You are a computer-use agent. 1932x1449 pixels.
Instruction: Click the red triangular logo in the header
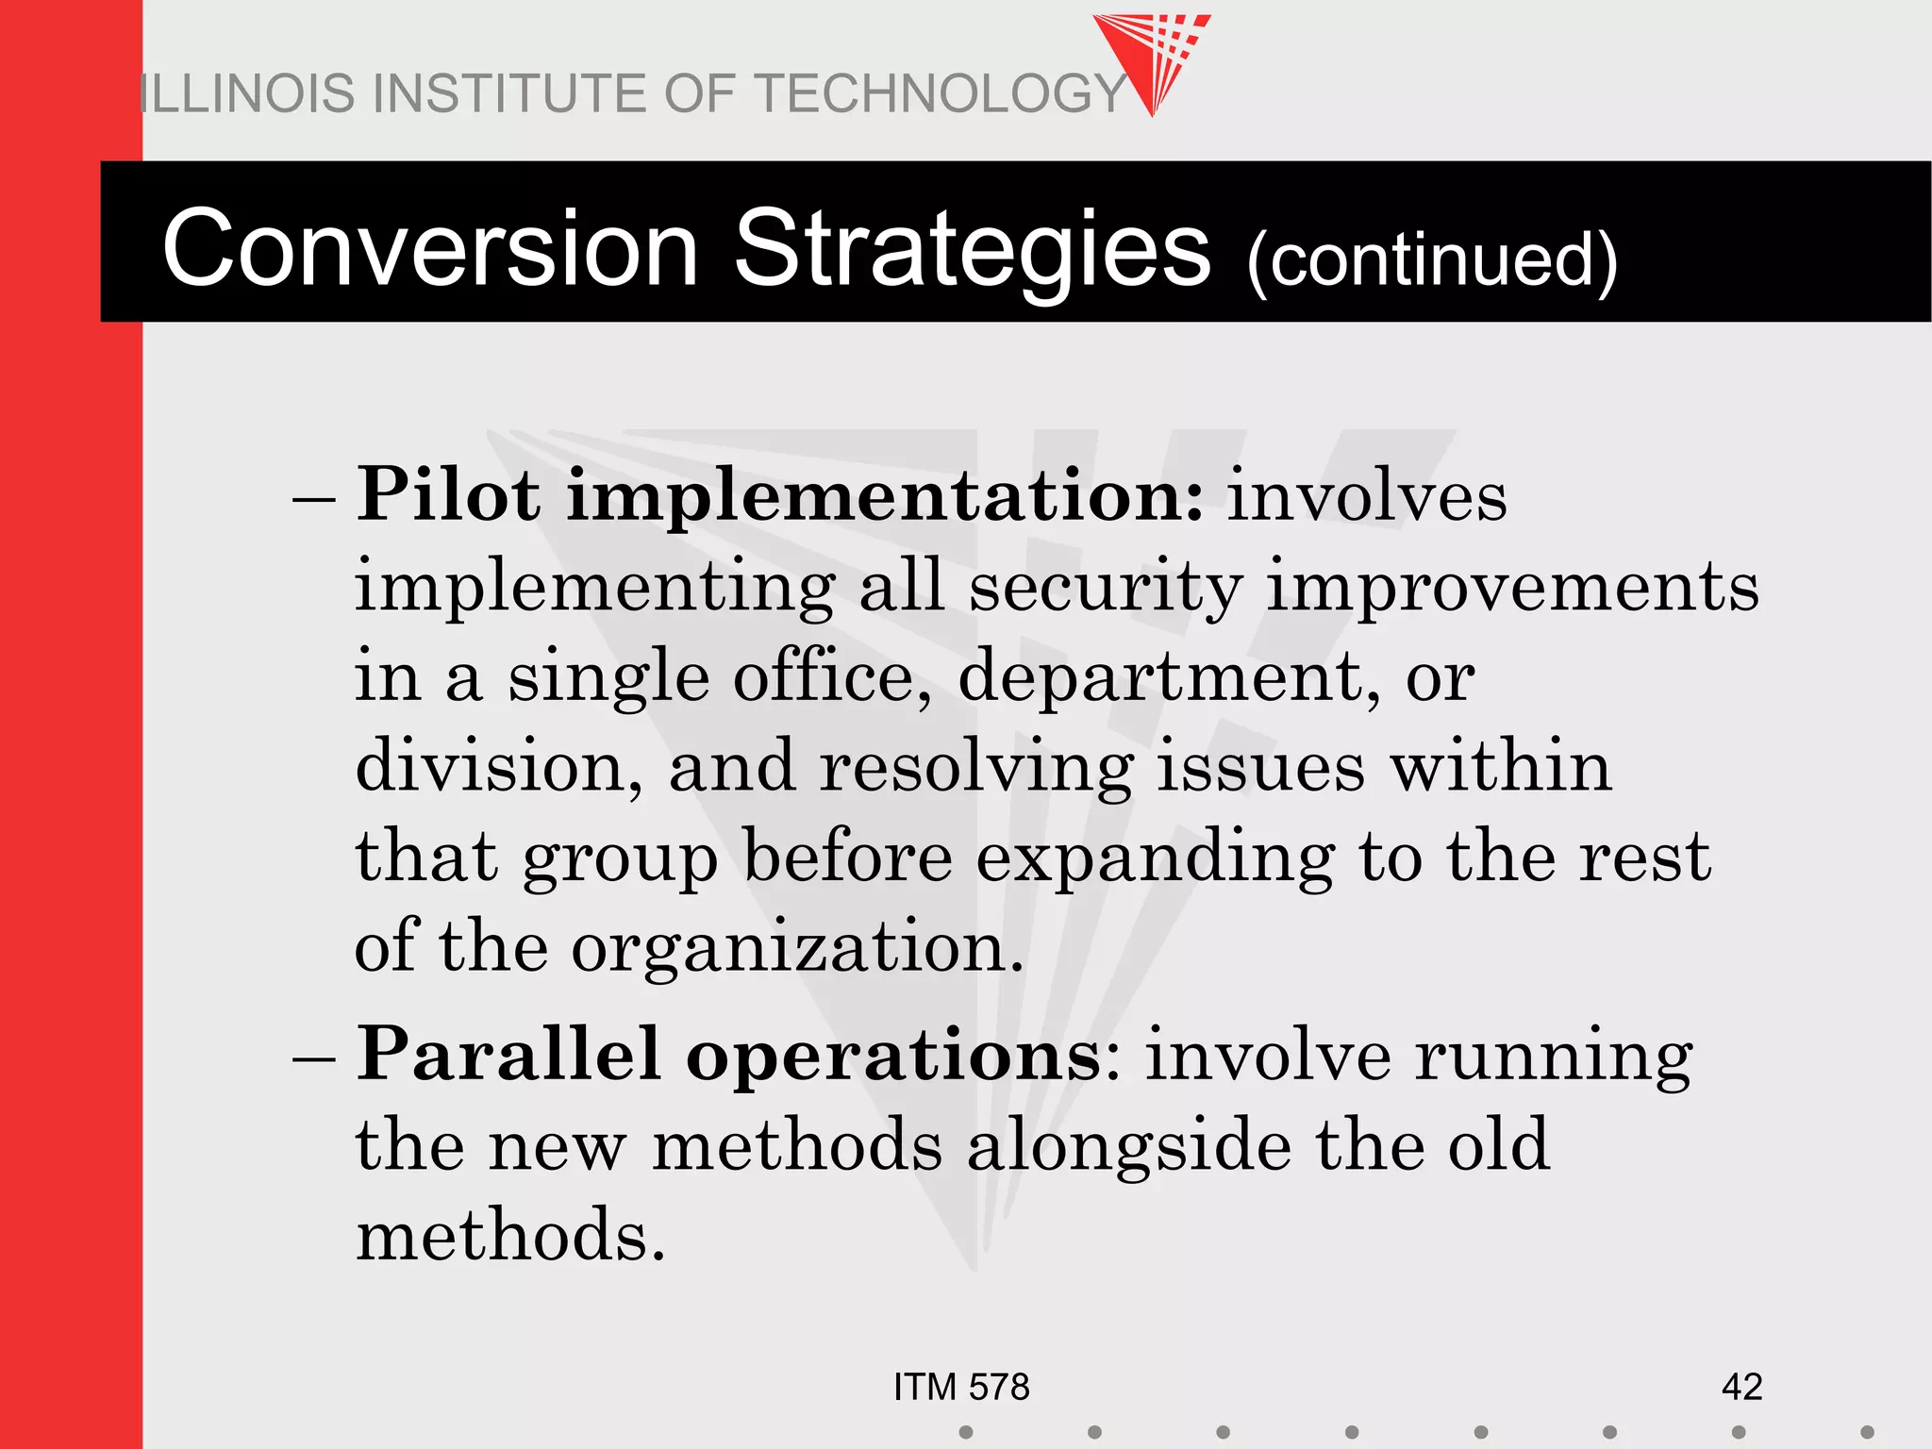[x=1153, y=57]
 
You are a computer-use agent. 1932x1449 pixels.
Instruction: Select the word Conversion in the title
[x=430, y=249]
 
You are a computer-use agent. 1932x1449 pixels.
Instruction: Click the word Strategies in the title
[x=972, y=249]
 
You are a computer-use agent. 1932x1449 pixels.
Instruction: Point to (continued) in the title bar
[x=1432, y=259]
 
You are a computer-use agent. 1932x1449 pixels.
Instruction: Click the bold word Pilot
[x=449, y=494]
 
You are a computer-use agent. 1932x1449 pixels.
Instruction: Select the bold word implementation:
[x=885, y=496]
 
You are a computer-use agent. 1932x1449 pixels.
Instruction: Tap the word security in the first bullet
[x=1106, y=587]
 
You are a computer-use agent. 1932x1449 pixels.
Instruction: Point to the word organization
[x=797, y=948]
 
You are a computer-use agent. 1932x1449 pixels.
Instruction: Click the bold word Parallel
[x=508, y=1054]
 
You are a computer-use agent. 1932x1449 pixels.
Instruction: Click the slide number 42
[x=1741, y=1387]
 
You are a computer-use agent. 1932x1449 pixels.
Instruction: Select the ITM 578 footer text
[x=961, y=1387]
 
